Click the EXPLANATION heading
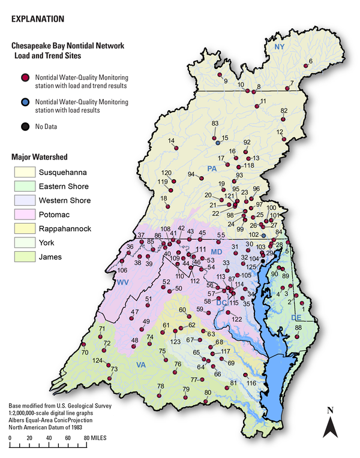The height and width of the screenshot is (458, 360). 38,19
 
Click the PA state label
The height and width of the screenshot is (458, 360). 212,168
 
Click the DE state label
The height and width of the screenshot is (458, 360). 296,317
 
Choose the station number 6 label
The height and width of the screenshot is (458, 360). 311,61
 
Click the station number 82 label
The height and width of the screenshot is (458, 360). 284,110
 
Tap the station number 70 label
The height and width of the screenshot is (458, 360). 85,352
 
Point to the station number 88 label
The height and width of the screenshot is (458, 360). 298,327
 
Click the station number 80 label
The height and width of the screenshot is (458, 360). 208,393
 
